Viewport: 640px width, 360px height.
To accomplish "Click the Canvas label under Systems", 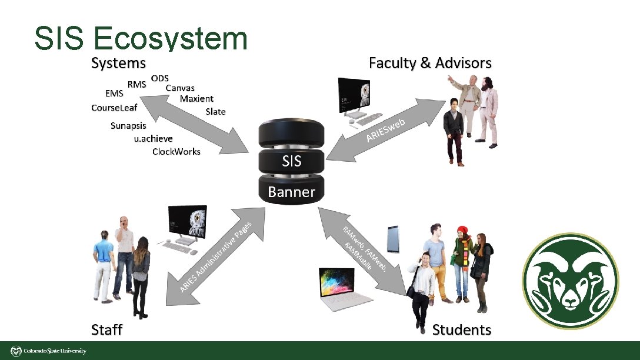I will coord(180,88).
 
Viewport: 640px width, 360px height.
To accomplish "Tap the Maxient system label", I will coord(196,99).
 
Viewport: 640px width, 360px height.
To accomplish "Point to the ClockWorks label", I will coord(176,152).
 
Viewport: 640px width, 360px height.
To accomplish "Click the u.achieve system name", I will coord(154,139).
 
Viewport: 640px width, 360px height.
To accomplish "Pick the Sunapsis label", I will coord(128,125).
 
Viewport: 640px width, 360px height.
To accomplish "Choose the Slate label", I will coord(215,112).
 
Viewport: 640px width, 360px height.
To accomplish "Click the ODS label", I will coord(160,78).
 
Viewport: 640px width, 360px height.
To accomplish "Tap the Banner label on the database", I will coord(291,192).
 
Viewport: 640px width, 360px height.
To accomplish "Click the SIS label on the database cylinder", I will coord(291,161).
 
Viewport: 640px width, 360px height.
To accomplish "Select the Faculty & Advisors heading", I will coord(430,63).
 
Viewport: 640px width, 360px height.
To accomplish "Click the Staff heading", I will coord(106,329).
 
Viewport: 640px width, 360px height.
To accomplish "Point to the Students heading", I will coord(461,329).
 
